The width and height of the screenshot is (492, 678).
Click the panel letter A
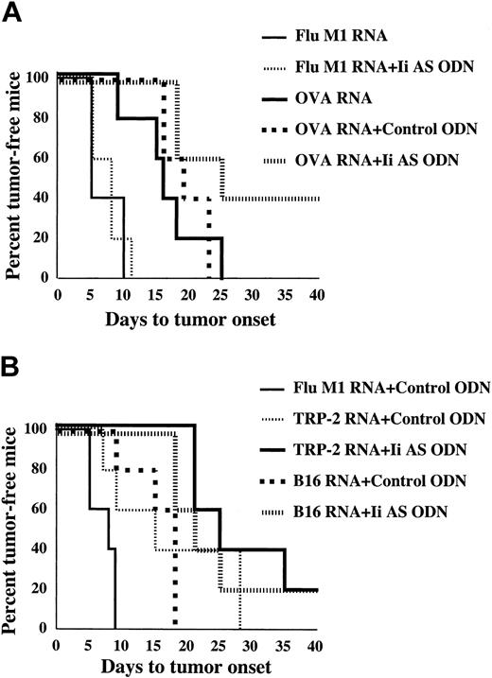click(11, 11)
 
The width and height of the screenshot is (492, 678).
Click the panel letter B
click(11, 362)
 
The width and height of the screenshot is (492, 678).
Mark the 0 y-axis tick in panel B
click(44, 628)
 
